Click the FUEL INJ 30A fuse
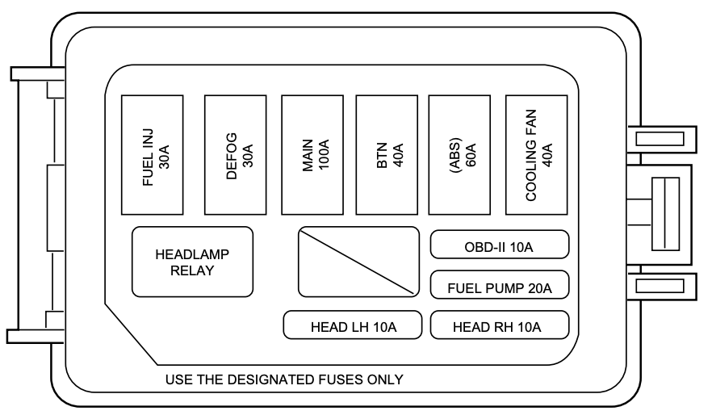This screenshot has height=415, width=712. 152,155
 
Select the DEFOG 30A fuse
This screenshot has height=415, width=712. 235,155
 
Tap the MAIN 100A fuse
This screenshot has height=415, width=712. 312,155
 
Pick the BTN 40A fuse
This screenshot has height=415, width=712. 387,155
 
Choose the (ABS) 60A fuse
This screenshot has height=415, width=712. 459,155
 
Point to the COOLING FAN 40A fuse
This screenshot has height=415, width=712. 536,155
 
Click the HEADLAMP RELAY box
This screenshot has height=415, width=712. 192,262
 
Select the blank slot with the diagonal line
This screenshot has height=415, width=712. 358,262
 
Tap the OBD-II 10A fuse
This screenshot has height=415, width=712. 500,245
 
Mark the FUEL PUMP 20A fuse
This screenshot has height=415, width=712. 500,285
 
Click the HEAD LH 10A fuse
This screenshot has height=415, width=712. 352,325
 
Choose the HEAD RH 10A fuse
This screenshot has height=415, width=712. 500,325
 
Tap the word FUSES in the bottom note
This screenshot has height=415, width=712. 340,379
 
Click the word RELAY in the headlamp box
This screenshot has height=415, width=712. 192,270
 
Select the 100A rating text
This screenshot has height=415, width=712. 324,155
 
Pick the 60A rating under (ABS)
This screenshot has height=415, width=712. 471,155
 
